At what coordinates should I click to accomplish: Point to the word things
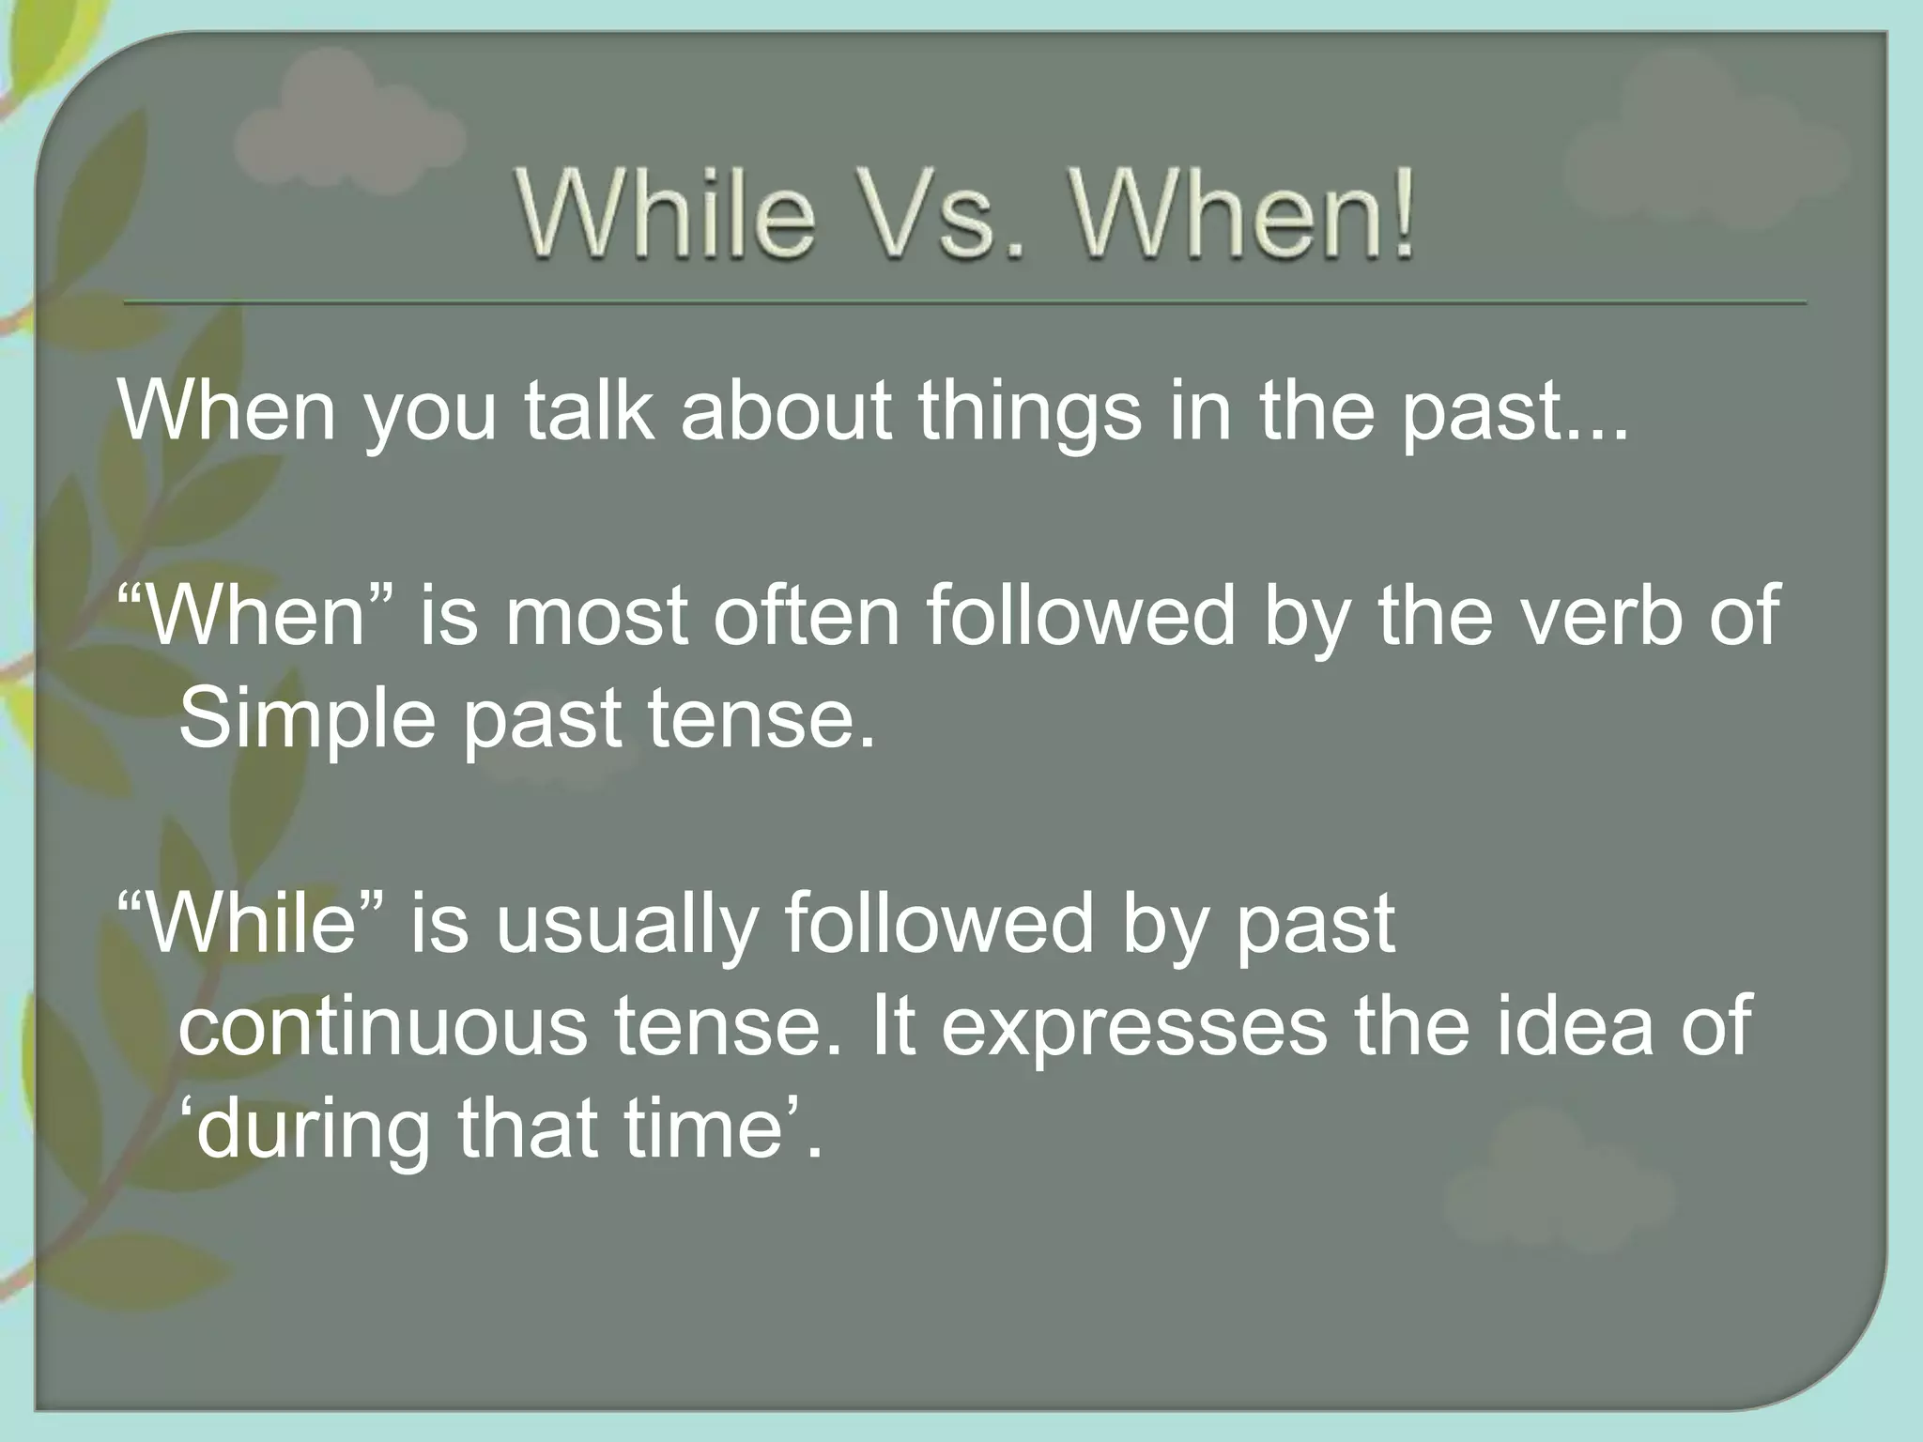coord(1028,413)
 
